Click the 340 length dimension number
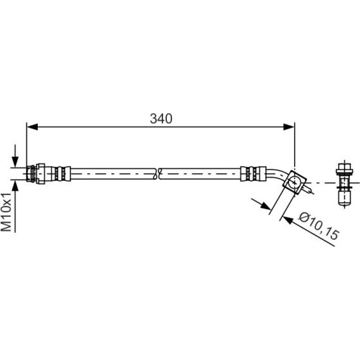[x=161, y=119]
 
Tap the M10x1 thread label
[x=7, y=212]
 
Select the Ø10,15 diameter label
[x=319, y=226]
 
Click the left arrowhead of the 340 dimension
[x=32, y=127]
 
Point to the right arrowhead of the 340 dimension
[x=289, y=127]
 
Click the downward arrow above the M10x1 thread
[x=15, y=156]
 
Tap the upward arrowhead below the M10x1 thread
[x=15, y=186]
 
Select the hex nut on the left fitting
[x=40, y=173]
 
